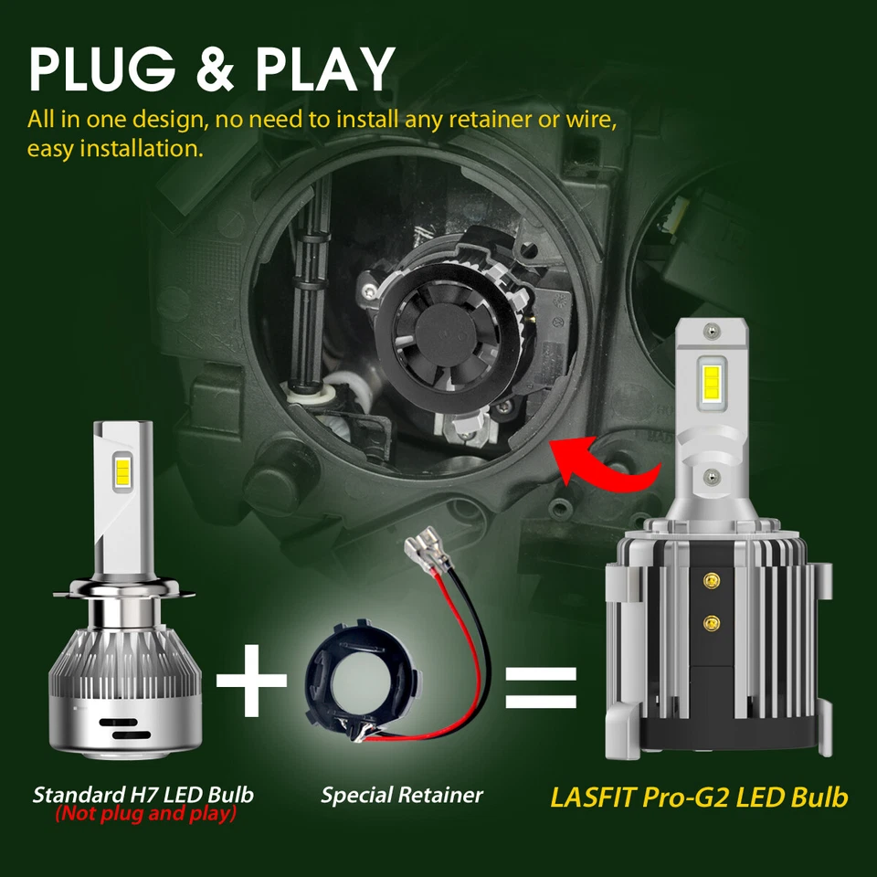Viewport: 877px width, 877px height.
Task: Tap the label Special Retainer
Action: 402,795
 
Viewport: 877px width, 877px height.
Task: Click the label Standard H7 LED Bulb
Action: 143,794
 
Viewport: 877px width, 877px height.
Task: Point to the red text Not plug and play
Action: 145,813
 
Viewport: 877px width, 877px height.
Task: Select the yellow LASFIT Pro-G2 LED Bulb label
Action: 699,797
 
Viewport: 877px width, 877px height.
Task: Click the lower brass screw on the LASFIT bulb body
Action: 711,621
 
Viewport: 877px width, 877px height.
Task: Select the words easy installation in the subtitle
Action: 115,148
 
